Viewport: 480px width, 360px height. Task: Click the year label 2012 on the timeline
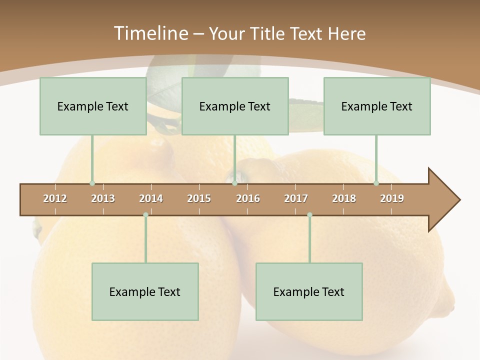click(55, 198)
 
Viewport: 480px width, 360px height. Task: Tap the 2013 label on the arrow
click(103, 198)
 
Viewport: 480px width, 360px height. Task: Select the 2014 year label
click(151, 198)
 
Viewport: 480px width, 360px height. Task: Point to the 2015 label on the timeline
click(199, 198)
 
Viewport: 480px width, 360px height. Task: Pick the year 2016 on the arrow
click(248, 198)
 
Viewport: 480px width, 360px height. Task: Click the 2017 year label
click(296, 198)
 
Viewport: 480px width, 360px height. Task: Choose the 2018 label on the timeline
click(344, 198)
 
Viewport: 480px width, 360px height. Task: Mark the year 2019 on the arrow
click(392, 198)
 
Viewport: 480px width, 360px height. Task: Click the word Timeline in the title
click(150, 33)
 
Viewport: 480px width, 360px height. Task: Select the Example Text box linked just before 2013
click(93, 106)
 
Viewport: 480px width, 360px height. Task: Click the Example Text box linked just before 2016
click(235, 106)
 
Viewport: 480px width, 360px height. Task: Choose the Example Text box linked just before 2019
click(377, 106)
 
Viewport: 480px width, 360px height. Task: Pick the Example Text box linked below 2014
click(145, 291)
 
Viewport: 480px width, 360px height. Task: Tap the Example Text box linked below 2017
click(309, 291)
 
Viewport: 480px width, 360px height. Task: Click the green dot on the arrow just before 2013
click(92, 183)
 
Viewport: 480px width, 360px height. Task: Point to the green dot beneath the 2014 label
click(145, 215)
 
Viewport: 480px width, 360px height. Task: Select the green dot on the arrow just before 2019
click(376, 183)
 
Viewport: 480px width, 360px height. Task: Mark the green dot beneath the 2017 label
click(309, 215)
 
